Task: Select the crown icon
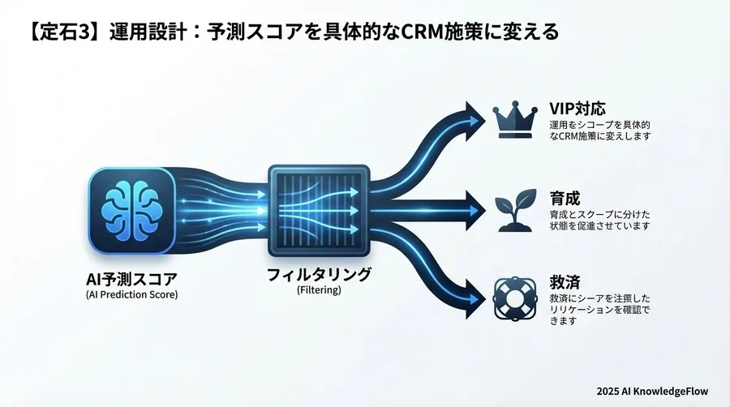(514, 120)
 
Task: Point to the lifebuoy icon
(514, 297)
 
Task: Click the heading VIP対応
(578, 109)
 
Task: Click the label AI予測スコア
(131, 279)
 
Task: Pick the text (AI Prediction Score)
(131, 294)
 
